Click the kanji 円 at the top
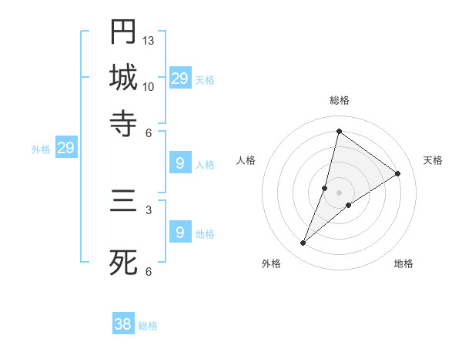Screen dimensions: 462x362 click(123, 32)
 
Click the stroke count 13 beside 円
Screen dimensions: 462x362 click(149, 40)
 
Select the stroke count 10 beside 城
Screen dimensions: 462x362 click(149, 86)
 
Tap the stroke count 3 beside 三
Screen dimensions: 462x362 click(148, 209)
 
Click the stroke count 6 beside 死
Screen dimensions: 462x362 click(148, 271)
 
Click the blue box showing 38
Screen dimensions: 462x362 click(123, 324)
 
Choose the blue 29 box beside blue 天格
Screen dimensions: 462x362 click(180, 79)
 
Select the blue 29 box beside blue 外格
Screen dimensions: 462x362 click(65, 149)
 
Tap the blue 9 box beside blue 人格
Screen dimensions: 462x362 click(180, 163)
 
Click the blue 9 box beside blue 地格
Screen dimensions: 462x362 click(180, 232)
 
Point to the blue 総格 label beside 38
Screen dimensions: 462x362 click(148, 326)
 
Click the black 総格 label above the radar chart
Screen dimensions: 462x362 click(339, 100)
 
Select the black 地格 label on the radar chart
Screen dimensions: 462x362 click(403, 263)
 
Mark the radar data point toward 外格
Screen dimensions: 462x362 click(303, 243)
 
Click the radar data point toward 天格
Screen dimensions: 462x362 click(398, 173)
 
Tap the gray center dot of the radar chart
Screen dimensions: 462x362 click(339, 193)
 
